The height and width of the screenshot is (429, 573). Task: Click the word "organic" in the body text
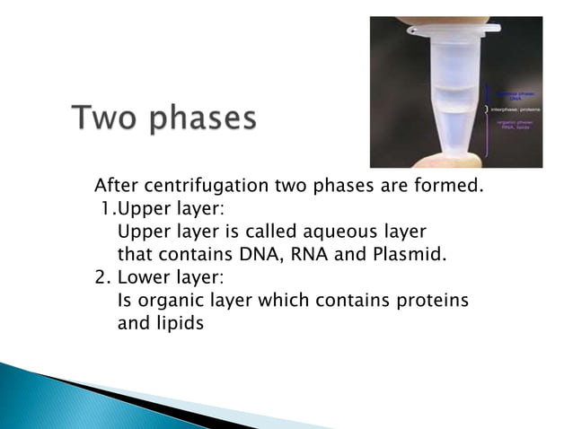coord(166,300)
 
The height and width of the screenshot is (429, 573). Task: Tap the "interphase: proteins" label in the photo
coord(513,109)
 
